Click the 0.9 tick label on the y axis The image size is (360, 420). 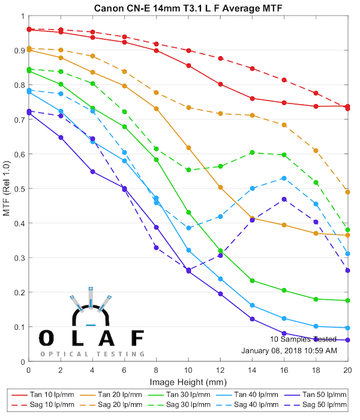19,50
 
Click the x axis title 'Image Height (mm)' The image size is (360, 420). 188,382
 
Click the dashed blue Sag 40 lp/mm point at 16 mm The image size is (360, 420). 284,178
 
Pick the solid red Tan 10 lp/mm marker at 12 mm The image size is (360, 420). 220,84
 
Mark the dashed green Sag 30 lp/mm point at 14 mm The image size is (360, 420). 252,152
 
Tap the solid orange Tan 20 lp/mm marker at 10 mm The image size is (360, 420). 188,148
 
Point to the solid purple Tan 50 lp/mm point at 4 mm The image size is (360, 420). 92,172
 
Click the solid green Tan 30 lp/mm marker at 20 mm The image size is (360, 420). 348,301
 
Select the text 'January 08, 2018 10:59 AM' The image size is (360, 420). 289,350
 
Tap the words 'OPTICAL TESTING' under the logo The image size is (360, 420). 92,354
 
